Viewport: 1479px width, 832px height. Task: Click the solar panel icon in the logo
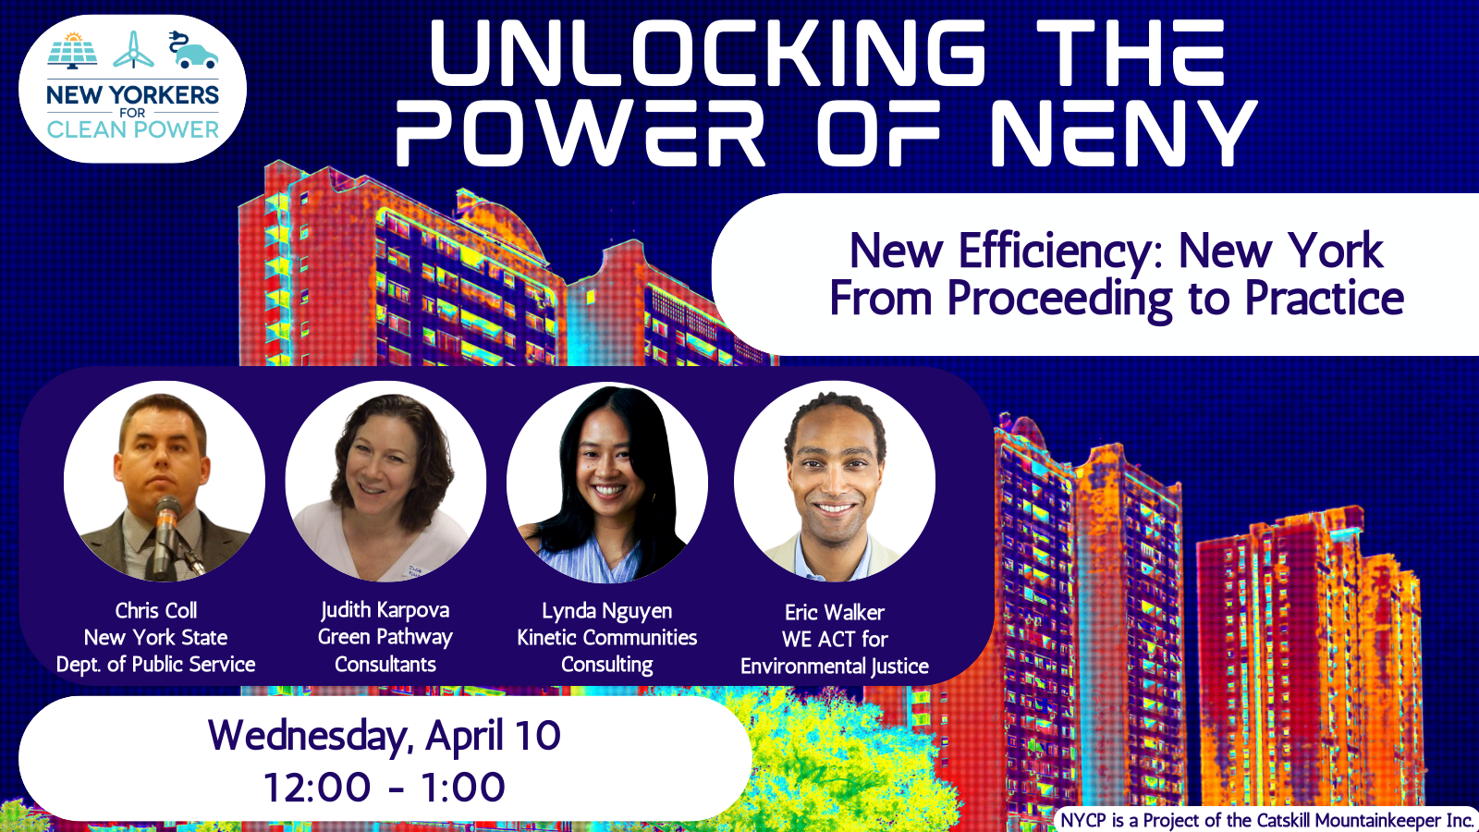point(73,51)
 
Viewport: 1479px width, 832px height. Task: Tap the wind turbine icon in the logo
point(133,50)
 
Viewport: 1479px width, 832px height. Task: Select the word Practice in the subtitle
point(1325,299)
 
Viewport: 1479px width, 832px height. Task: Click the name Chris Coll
point(156,610)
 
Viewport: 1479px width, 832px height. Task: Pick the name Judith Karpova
point(385,610)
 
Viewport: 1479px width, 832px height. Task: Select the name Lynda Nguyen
point(606,611)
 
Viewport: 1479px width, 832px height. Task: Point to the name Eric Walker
point(835,612)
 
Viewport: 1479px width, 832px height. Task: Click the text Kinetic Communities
point(606,637)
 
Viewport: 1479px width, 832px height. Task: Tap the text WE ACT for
point(835,639)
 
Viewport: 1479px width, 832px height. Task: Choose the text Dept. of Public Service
point(156,665)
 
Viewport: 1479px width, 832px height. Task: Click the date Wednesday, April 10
point(385,736)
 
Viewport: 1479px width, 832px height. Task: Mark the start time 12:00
point(317,787)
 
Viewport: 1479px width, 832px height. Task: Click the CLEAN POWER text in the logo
point(133,129)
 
